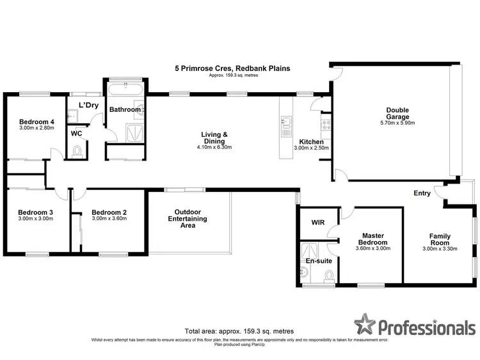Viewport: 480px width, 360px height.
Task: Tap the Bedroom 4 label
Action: [36, 121]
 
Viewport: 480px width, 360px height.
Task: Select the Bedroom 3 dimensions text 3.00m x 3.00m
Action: [35, 219]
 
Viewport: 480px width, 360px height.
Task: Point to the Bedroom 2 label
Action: [109, 212]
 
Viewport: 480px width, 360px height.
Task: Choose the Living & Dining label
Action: [215, 137]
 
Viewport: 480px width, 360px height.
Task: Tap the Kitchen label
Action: [311, 141]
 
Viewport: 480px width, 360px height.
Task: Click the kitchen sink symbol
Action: [287, 121]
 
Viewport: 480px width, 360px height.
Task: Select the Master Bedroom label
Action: [372, 239]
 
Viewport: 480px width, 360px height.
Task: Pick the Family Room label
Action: [440, 240]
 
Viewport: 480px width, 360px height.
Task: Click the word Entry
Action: [422, 193]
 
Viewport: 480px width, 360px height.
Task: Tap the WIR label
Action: [318, 223]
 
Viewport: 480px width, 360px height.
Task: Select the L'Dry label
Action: [88, 105]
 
